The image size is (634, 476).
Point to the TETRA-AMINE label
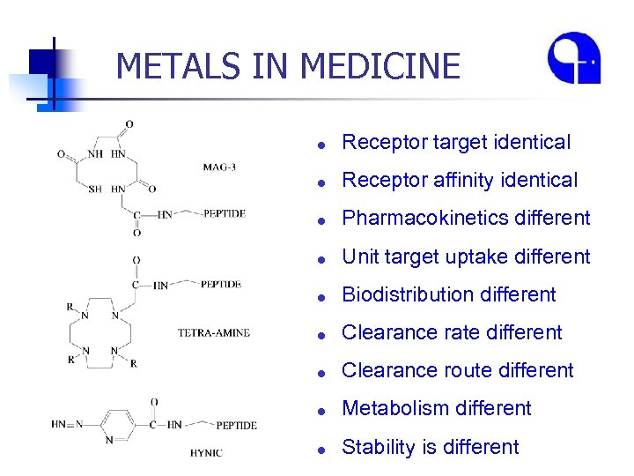(x=214, y=332)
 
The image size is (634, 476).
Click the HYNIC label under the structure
(x=207, y=453)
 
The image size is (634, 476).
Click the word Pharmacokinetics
(x=417, y=218)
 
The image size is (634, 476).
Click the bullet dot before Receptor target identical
(x=323, y=143)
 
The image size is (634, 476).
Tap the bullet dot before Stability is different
(x=323, y=448)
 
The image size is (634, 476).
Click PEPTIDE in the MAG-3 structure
(x=224, y=213)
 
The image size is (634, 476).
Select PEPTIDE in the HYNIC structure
(x=236, y=425)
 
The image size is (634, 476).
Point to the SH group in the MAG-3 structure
(x=94, y=189)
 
